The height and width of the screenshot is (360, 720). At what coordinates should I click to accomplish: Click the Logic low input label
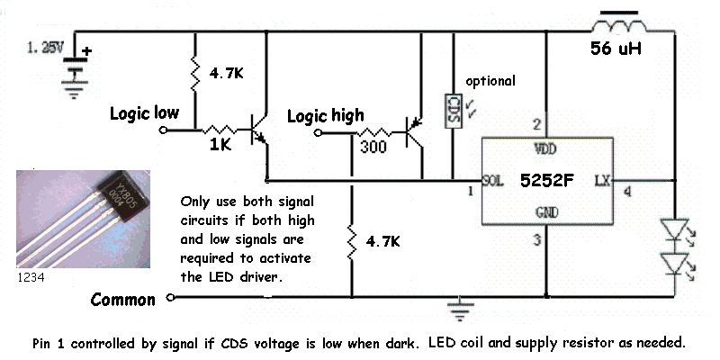(x=144, y=113)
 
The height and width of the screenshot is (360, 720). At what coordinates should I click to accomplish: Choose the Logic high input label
(x=325, y=115)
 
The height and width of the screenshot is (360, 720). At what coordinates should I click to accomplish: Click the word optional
(x=490, y=81)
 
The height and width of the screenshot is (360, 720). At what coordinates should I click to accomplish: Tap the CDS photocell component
(x=454, y=112)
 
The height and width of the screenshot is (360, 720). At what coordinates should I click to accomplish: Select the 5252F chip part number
(x=546, y=180)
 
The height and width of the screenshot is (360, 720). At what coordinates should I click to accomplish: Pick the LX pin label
(x=602, y=180)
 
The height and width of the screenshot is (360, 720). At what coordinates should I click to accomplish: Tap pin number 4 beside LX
(x=626, y=191)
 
